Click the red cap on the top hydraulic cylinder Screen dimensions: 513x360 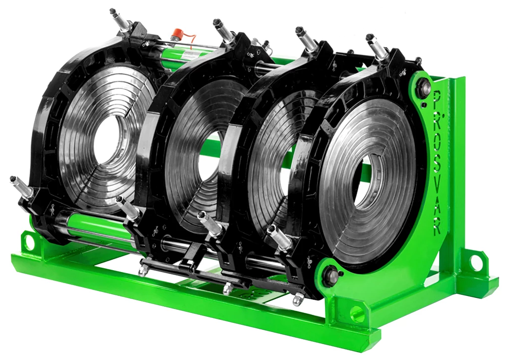(x=179, y=34)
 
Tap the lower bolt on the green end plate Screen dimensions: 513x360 (x=329, y=275)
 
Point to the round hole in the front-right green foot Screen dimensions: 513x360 (x=356, y=312)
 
